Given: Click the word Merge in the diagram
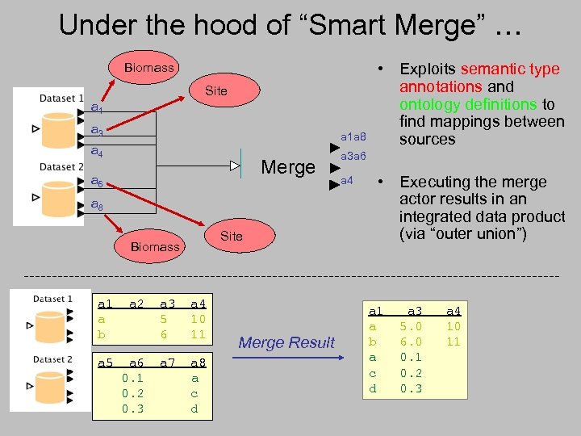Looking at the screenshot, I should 288,167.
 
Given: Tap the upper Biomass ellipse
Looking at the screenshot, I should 149,68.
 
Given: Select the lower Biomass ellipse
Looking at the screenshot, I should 155,246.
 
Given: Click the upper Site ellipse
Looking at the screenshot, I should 216,91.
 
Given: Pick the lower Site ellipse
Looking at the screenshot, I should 231,236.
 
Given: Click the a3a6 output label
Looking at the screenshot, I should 353,156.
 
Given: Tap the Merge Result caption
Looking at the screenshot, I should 287,342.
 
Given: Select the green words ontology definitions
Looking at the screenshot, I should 468,104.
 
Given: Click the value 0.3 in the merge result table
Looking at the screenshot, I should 410,388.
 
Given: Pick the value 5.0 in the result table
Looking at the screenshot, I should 410,327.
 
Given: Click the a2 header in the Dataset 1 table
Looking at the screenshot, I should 136,304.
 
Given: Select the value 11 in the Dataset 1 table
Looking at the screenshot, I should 196,334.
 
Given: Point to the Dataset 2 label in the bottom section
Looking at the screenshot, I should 53,359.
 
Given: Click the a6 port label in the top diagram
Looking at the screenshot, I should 96,182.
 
